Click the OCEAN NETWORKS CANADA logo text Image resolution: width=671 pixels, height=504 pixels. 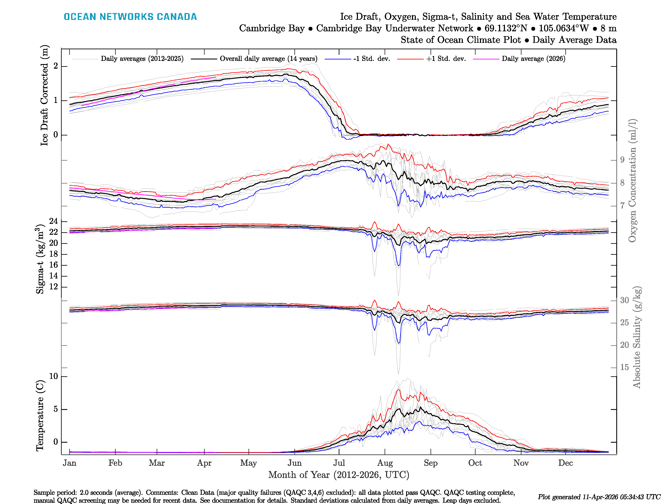point(130,17)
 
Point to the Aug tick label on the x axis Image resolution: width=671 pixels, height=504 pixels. point(385,463)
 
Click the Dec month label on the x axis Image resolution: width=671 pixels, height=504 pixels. point(566,463)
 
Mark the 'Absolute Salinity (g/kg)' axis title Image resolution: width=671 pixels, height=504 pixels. point(637,337)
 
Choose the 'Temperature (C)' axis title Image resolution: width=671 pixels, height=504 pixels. point(40,416)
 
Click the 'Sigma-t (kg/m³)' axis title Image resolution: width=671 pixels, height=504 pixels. point(40,259)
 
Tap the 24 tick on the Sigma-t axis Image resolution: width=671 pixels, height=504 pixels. point(53,221)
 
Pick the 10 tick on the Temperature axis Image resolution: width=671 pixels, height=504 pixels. point(53,376)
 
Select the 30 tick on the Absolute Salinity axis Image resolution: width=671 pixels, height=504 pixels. point(624,300)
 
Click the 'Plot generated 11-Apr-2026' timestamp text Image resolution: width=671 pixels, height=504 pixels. point(599,497)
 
